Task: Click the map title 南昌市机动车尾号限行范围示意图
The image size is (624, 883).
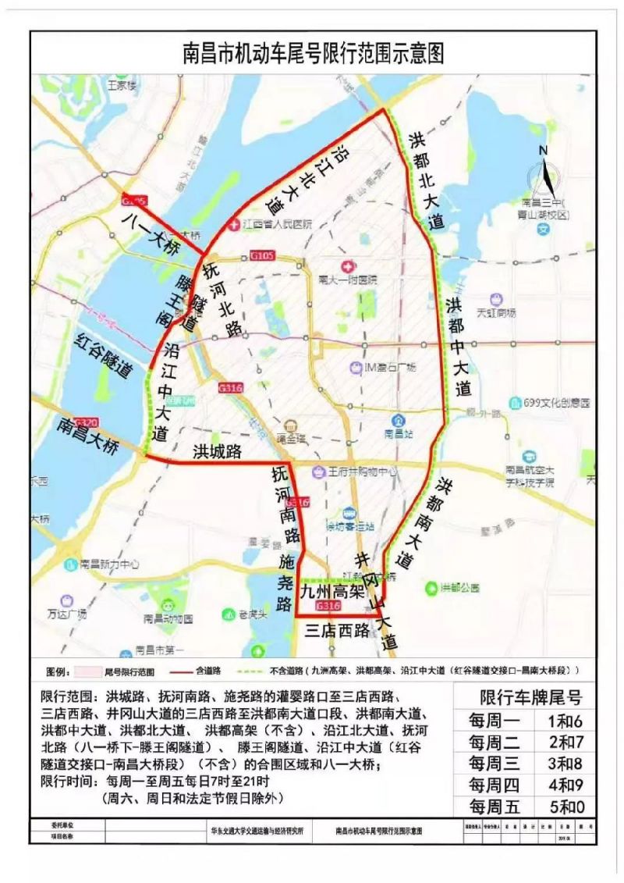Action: (x=312, y=52)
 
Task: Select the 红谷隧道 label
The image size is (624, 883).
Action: (x=101, y=356)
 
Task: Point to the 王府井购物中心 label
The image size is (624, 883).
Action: (x=365, y=472)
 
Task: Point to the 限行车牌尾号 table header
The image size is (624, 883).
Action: (x=531, y=697)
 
